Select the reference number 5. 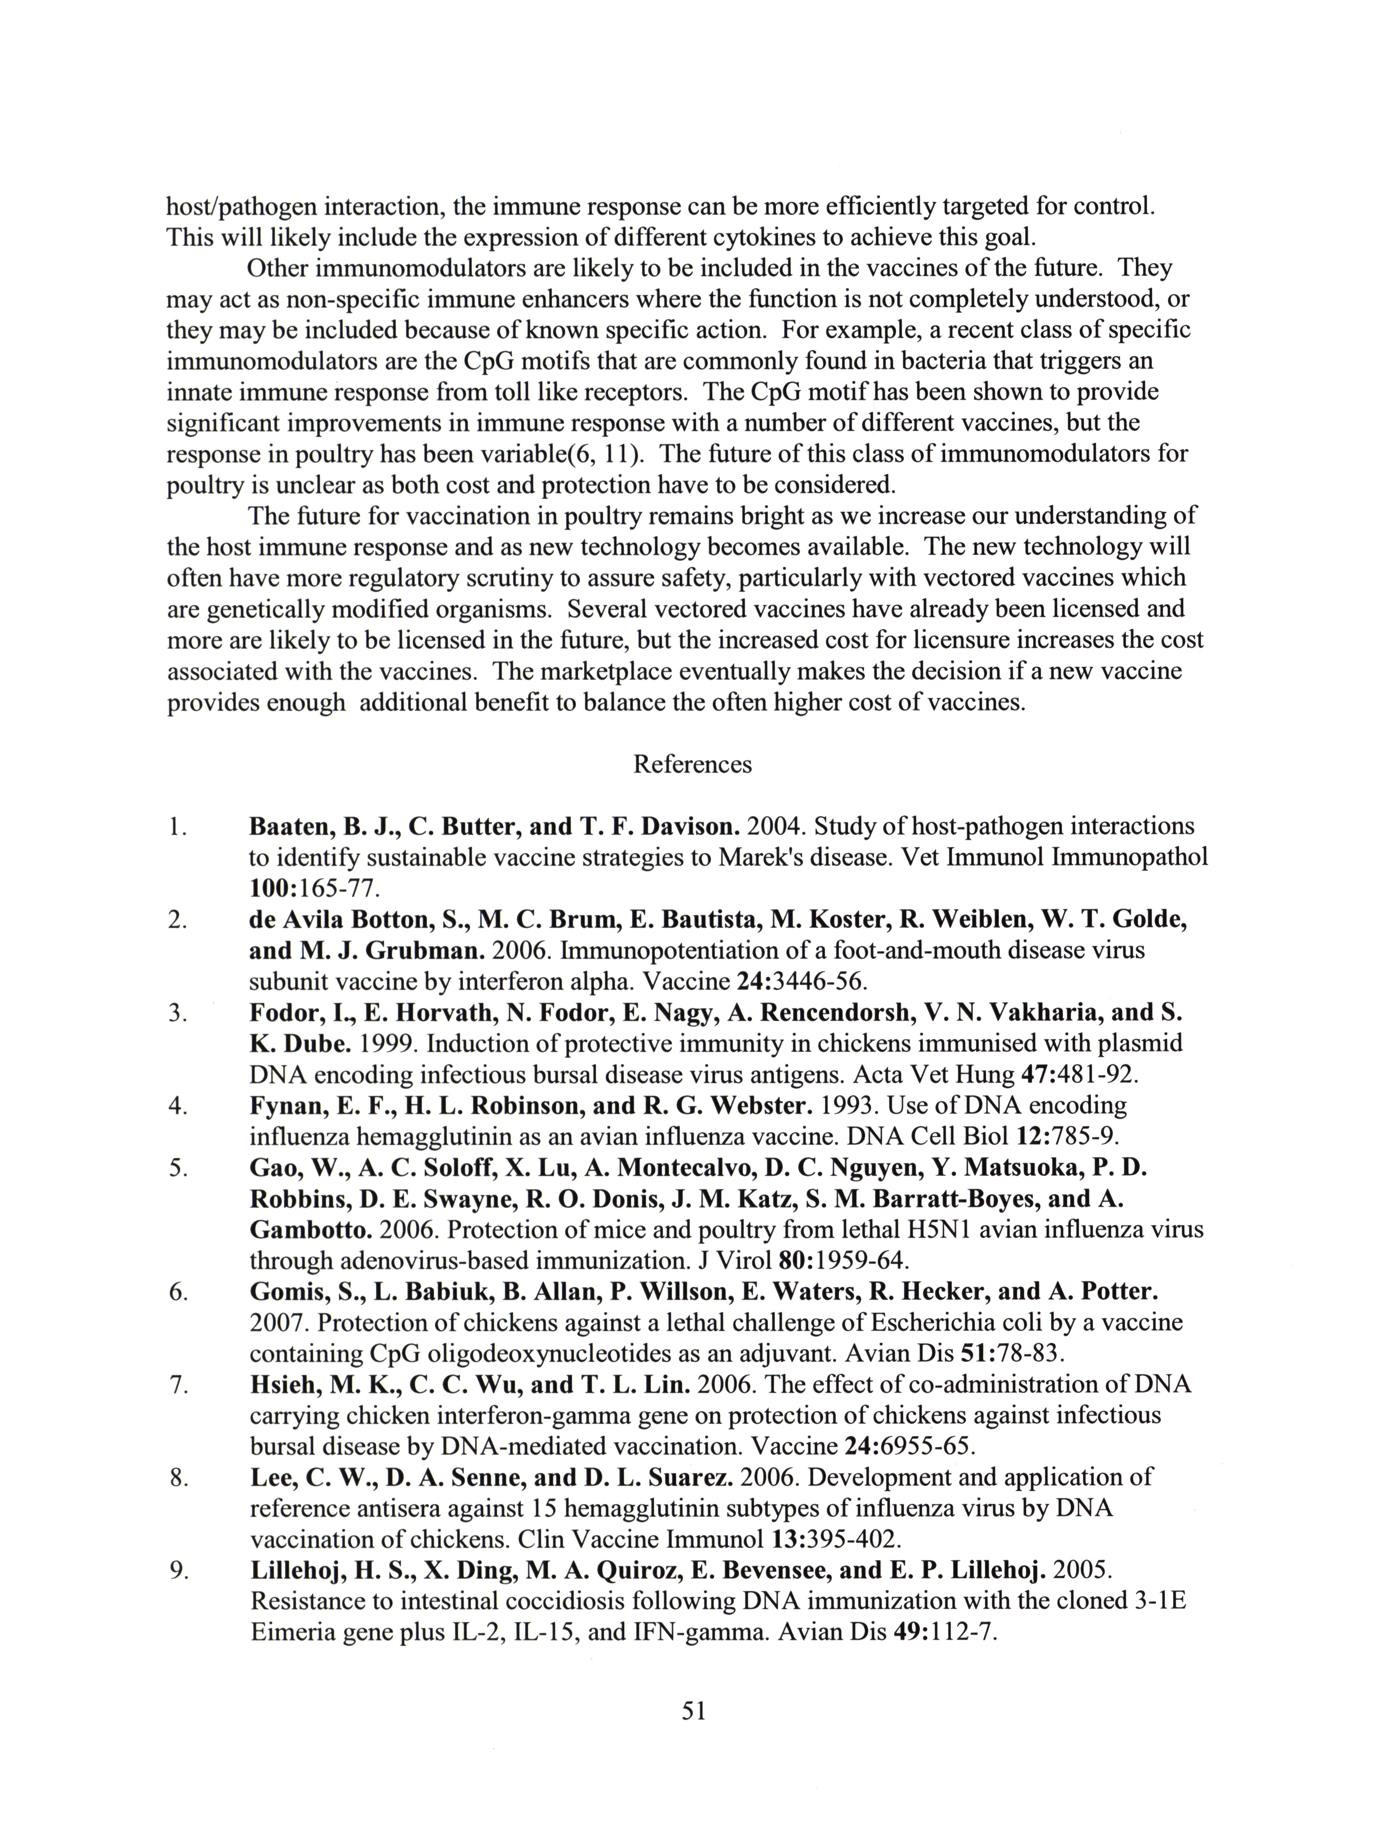point(178,1168)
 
